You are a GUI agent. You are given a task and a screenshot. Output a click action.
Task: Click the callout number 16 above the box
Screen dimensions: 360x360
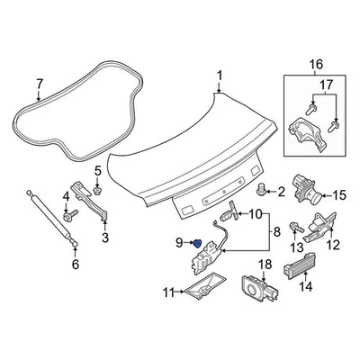(x=315, y=64)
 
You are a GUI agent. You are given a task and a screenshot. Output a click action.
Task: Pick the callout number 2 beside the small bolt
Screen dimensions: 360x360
(x=280, y=191)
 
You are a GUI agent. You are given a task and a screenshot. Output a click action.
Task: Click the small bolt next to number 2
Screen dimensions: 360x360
(x=263, y=190)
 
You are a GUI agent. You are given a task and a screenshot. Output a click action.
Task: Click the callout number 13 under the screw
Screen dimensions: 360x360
(x=296, y=247)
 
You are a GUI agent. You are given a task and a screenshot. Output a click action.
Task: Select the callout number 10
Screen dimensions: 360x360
(x=256, y=214)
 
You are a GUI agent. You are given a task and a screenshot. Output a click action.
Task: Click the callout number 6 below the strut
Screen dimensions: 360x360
(x=75, y=264)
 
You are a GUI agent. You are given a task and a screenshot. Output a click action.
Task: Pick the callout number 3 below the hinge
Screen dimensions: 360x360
(x=104, y=238)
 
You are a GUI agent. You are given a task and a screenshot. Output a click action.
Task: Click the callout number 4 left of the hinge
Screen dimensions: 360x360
(x=65, y=197)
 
